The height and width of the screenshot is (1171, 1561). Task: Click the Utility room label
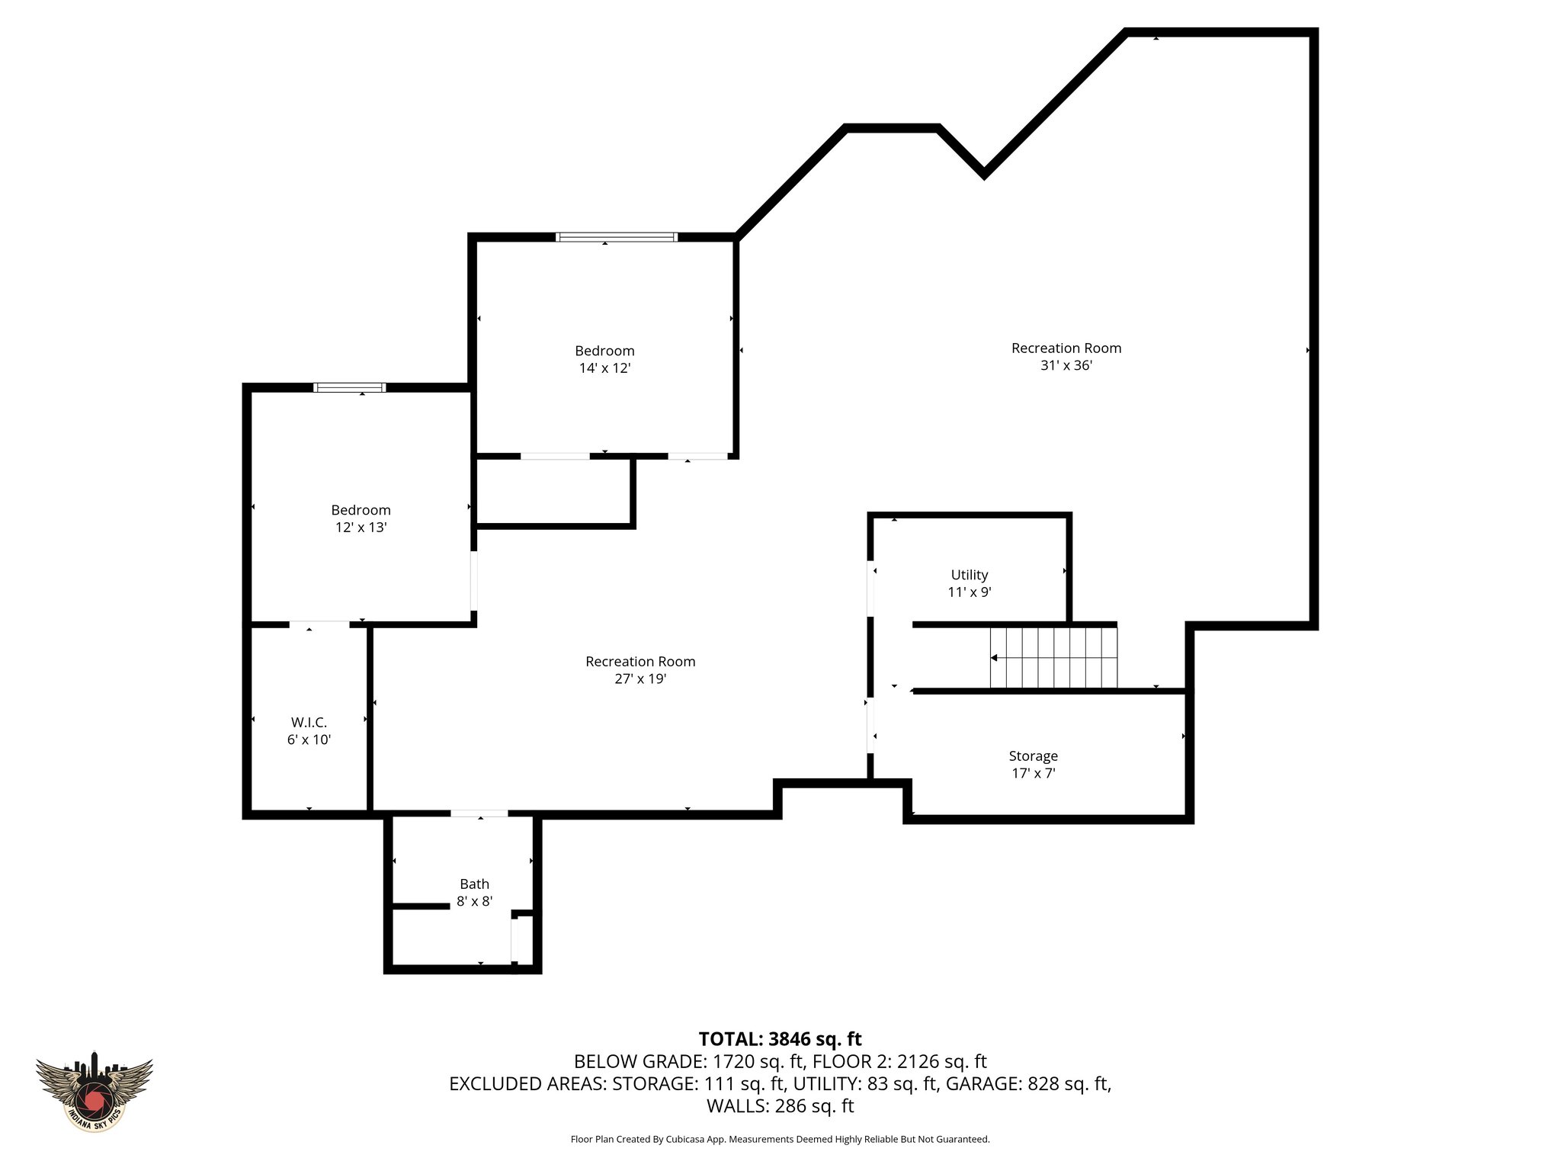[x=969, y=575]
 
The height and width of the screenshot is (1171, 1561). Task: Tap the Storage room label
[x=1033, y=756]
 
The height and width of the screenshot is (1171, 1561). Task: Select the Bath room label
[x=474, y=884]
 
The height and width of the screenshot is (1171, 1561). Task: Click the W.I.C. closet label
[x=309, y=722]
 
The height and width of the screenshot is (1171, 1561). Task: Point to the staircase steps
[x=1053, y=657]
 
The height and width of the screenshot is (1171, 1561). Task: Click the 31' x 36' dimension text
[x=1066, y=365]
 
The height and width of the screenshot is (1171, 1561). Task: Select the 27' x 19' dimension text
[x=640, y=679]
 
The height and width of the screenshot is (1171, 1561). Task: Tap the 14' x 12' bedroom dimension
[x=604, y=367]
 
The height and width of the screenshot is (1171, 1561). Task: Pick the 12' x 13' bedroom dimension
[x=361, y=527]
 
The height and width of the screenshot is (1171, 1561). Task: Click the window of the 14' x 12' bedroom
[x=617, y=237]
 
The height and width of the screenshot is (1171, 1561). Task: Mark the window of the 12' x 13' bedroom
[x=350, y=387]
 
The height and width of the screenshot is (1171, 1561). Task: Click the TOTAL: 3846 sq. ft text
[x=780, y=1039]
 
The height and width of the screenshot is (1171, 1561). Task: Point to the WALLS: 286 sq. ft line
[x=780, y=1106]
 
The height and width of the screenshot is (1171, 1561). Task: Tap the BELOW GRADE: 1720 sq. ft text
[x=689, y=1061]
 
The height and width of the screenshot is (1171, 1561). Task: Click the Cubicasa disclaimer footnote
[x=780, y=1140]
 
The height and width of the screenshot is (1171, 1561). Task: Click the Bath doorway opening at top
[x=479, y=813]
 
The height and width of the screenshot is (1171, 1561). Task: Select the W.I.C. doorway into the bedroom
[x=319, y=624]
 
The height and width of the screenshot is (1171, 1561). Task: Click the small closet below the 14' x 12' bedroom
[x=553, y=492]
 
